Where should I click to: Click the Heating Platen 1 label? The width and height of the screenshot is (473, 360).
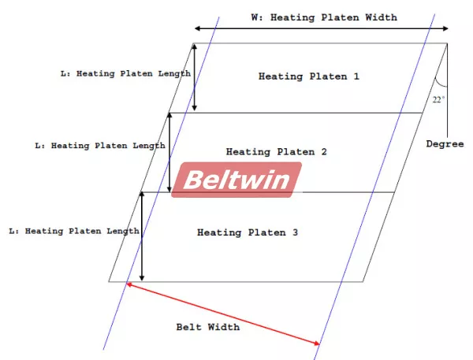pos(309,76)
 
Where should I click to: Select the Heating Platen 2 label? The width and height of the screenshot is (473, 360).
pos(277,152)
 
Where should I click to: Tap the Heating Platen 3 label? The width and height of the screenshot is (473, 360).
pos(248,232)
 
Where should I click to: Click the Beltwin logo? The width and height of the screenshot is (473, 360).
pos(236,180)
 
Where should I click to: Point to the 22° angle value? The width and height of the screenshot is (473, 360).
pos(438,99)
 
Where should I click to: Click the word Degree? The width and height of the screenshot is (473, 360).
pos(445,144)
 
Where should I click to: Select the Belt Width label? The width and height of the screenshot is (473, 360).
pos(208,327)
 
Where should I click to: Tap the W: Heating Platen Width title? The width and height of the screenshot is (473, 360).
pos(324,17)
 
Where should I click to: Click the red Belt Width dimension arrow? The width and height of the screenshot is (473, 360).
pos(223,314)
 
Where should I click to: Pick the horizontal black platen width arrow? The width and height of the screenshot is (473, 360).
pos(322,28)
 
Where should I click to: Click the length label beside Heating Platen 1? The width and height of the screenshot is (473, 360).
pos(126,73)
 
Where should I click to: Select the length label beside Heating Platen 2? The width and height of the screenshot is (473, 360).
pos(100,146)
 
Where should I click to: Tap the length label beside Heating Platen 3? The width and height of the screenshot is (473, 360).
pos(74,232)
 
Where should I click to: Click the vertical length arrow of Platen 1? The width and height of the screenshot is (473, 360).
pos(195,77)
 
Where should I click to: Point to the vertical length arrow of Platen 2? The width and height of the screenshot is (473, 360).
pos(169,153)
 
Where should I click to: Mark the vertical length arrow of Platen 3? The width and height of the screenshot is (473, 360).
pos(142,236)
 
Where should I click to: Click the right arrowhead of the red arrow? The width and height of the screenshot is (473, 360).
pos(317,343)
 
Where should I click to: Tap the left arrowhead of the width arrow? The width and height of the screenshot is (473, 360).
pos(197,28)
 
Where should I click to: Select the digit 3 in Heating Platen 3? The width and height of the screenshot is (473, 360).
pos(295,232)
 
